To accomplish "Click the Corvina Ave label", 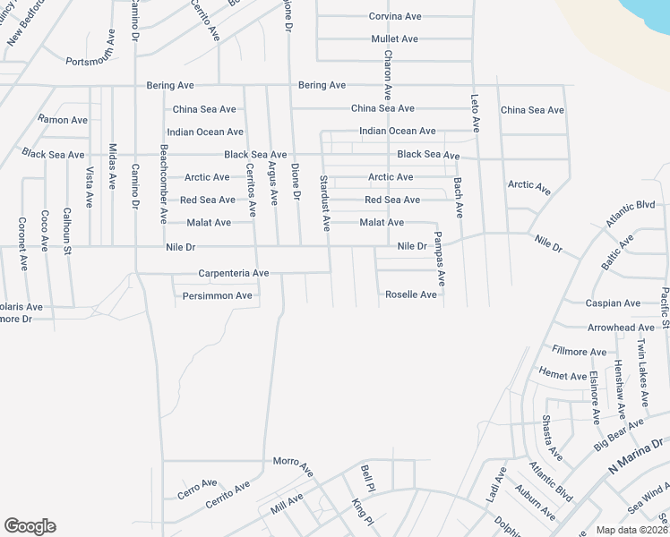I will coord(395,16).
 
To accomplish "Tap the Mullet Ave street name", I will coord(395,39).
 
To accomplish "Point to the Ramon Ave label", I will coord(63,120).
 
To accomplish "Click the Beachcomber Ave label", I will coord(163,183).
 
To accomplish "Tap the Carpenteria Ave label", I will coord(234,273).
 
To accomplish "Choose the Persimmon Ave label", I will coord(218,295).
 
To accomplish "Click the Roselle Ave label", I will coord(411,294).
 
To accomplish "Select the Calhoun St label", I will coord(66,232).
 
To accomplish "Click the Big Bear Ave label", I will coord(619,434).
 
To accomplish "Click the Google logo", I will coord(30,526).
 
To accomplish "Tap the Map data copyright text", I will coord(631,530).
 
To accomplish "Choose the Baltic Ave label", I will coord(617,250).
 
